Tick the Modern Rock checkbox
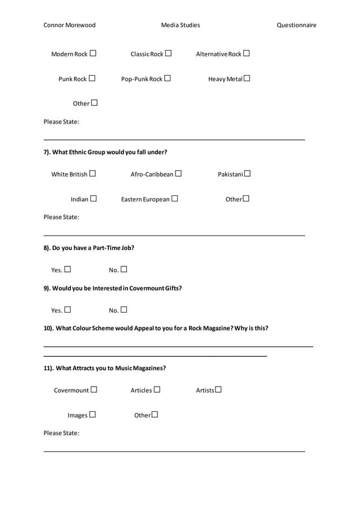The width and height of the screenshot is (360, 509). click(x=93, y=54)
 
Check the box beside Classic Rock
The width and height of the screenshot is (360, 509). click(x=168, y=54)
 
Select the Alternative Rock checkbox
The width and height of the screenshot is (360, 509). click(x=246, y=54)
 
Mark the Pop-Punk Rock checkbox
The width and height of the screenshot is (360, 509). click(x=167, y=78)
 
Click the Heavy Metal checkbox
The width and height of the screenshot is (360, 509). click(x=247, y=78)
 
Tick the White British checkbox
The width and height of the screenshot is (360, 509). click(x=92, y=174)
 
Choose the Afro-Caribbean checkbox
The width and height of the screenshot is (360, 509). click(x=178, y=174)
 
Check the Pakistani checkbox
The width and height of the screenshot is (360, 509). click(x=247, y=174)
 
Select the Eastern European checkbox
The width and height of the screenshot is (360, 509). click(x=174, y=199)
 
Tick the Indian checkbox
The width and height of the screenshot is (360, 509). click(x=93, y=199)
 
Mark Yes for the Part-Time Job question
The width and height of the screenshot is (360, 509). click(x=67, y=269)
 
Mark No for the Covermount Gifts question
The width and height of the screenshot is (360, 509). click(x=124, y=309)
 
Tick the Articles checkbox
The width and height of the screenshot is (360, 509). click(x=157, y=389)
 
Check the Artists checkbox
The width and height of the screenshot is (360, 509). click(x=218, y=389)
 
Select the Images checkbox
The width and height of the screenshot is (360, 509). click(x=92, y=415)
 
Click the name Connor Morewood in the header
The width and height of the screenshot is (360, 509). click(x=69, y=25)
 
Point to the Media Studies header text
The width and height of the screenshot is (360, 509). click(x=181, y=25)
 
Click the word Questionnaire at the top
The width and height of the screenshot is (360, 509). click(x=296, y=25)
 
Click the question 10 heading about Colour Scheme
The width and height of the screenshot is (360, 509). click(x=156, y=328)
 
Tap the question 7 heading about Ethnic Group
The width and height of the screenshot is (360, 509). click(x=106, y=152)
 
